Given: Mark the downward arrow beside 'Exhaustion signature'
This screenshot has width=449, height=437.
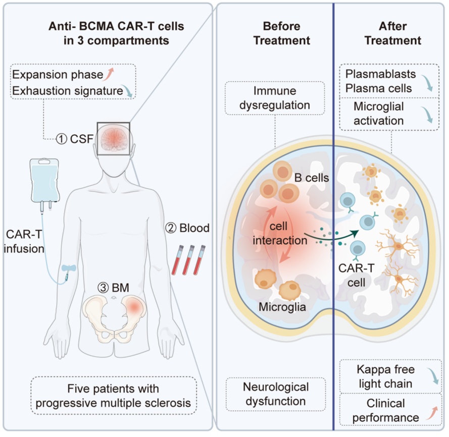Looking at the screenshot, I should pos(130,92).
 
